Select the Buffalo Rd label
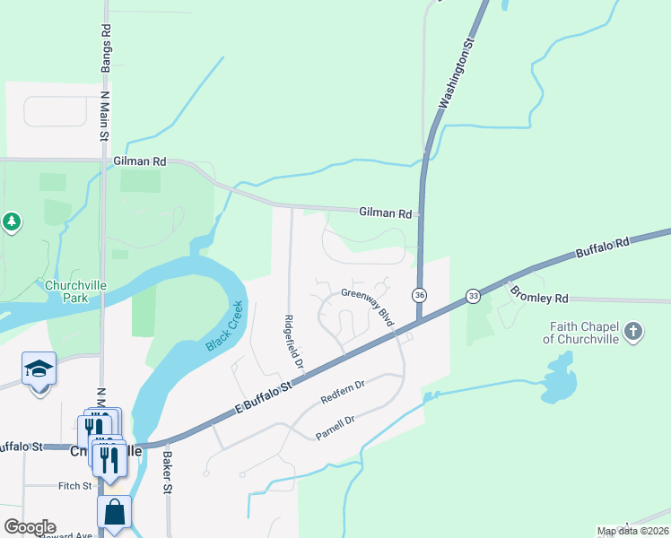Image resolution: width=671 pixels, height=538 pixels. [605, 247]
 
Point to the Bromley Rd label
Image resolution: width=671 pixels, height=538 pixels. [539, 293]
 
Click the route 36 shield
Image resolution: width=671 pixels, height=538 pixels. [419, 295]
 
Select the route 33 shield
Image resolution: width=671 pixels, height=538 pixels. [473, 296]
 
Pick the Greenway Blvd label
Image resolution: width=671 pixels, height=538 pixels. [369, 307]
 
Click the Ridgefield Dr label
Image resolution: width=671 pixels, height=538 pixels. [293, 343]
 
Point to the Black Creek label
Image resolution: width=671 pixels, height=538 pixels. [223, 325]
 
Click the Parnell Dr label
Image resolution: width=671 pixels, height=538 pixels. [337, 429]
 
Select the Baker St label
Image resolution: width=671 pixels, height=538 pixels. [167, 472]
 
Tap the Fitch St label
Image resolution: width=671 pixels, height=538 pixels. [74, 486]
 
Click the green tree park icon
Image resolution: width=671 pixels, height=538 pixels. [11, 221]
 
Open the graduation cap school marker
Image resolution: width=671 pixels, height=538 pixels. [39, 369]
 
